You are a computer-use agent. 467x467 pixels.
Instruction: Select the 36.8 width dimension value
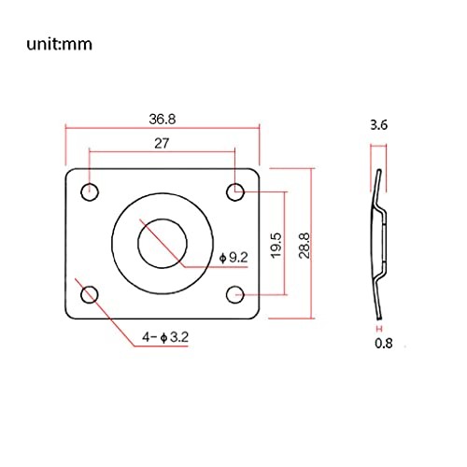[163, 120]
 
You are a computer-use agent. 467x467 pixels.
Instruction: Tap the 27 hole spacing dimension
[163, 142]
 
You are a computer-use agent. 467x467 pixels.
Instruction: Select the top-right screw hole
[235, 191]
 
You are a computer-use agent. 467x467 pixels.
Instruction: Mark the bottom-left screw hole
[91, 294]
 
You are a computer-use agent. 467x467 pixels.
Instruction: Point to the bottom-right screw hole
[235, 294]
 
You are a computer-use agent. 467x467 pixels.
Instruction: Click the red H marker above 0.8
[378, 329]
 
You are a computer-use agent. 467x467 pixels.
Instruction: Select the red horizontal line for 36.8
[163, 130]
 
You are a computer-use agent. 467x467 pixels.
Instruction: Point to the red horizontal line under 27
[163, 151]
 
